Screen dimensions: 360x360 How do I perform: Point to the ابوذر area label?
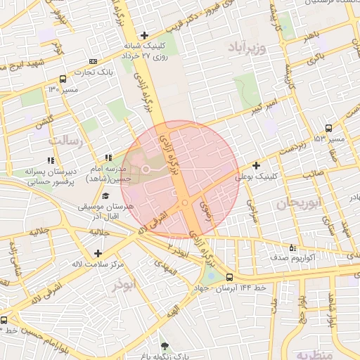coord(127,287)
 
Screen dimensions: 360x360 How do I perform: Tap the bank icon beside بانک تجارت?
coord(94,62)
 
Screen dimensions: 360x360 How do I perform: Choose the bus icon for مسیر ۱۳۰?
coord(63,79)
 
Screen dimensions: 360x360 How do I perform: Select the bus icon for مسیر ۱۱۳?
coord(329,128)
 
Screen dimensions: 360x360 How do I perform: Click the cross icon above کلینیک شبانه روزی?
coord(145,34)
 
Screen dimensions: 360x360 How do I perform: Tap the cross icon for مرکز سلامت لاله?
coord(97,253)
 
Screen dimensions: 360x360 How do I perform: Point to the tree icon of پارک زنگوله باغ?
coord(165,346)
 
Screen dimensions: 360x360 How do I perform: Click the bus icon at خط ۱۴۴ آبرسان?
coord(230,277)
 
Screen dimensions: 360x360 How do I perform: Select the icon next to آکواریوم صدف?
coord(292,247)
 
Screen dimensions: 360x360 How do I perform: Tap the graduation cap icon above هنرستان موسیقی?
coord(105,195)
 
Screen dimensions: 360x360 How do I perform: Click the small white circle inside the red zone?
coord(146,169)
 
